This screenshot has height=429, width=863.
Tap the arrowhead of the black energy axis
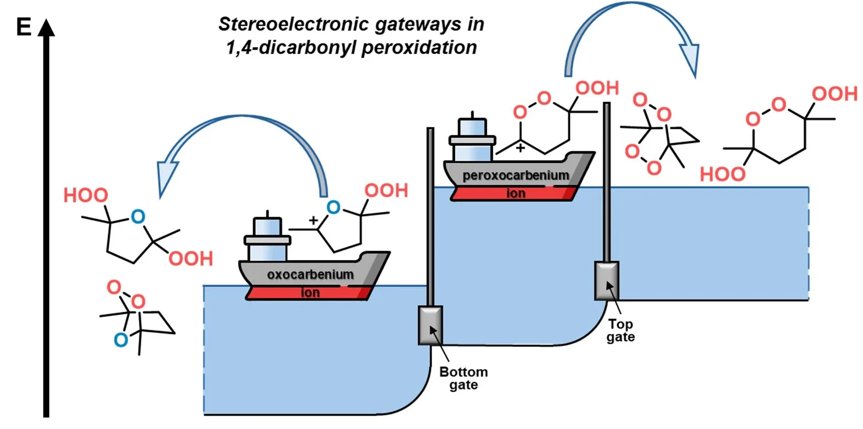[46, 28]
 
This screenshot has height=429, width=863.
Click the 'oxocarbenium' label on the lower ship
[310, 274]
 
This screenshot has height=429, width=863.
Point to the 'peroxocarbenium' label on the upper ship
[516, 176]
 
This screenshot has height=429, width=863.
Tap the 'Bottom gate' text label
[464, 378]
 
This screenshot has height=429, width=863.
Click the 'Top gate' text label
[620, 330]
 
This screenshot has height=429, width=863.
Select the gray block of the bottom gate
[430, 325]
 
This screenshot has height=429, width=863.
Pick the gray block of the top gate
[607, 281]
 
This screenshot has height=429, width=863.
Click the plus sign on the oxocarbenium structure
[313, 220]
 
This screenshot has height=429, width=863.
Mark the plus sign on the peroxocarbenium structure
[521, 148]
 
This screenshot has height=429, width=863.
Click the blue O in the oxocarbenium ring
[334, 207]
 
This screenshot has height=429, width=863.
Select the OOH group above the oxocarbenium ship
[386, 190]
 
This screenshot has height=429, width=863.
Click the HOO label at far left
[85, 195]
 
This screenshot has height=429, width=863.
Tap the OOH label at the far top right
[835, 94]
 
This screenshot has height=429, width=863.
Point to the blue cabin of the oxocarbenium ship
[267, 239]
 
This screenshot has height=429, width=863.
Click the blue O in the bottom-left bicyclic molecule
[121, 340]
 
